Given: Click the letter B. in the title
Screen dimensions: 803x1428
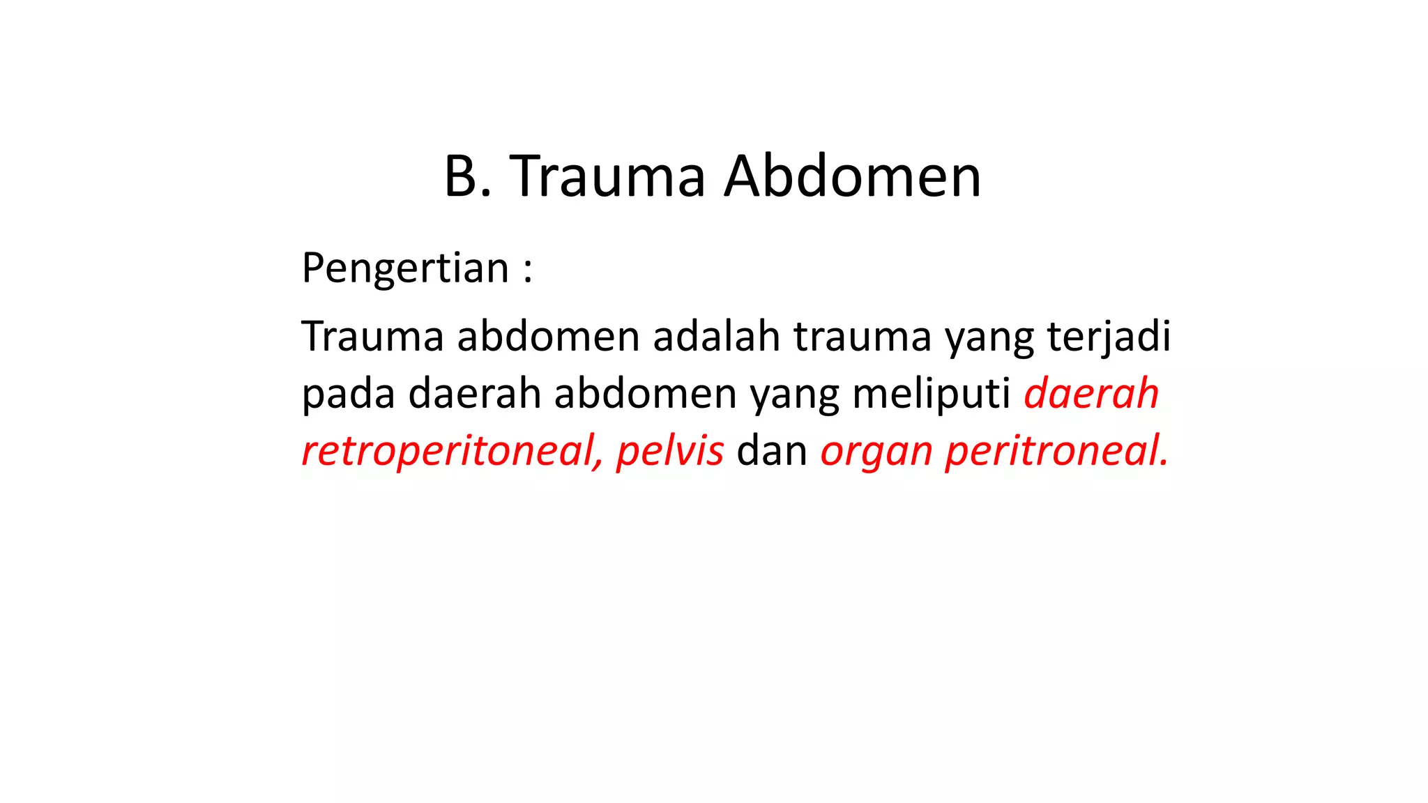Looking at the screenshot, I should (x=468, y=177).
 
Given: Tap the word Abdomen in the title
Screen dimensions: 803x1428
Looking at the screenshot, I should (x=852, y=177).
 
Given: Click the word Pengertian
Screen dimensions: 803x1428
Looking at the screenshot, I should (x=405, y=268).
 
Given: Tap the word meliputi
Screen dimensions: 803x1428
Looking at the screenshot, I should (x=931, y=395).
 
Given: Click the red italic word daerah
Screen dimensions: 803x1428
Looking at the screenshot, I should (x=1091, y=394).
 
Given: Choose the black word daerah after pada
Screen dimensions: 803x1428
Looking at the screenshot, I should (x=475, y=394).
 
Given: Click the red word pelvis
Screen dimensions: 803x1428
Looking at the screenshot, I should (x=670, y=452).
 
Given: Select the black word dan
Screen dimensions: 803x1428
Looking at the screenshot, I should (x=772, y=452).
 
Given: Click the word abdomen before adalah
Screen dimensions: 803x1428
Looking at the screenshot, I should (x=548, y=337).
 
